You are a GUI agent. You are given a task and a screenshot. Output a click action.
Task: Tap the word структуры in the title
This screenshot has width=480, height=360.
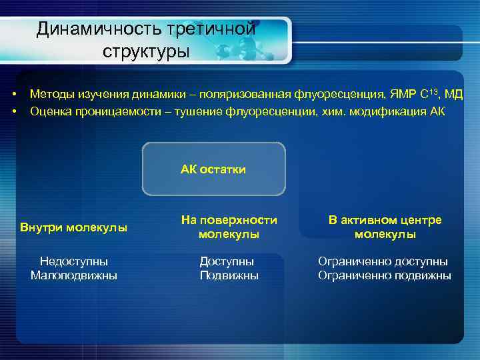click(146, 51)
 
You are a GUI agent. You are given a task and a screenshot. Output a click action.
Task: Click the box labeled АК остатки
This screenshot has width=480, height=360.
click(213, 169)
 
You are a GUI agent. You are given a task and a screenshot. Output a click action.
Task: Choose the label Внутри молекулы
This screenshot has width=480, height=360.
click(74, 228)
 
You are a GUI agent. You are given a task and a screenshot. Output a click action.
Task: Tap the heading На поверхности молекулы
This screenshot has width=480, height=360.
click(229, 227)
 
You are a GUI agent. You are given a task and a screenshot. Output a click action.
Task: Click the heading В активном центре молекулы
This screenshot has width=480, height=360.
click(385, 227)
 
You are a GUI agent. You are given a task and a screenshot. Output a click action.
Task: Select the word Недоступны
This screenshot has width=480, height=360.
click(74, 262)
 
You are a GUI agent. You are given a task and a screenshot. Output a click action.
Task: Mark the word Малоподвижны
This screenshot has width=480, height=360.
click(74, 275)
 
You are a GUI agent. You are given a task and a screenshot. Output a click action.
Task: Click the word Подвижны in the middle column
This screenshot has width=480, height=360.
click(229, 275)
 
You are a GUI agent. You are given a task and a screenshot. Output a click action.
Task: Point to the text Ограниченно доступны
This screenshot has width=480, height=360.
click(383, 262)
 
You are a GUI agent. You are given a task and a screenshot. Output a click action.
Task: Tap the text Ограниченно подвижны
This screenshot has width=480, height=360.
click(384, 275)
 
